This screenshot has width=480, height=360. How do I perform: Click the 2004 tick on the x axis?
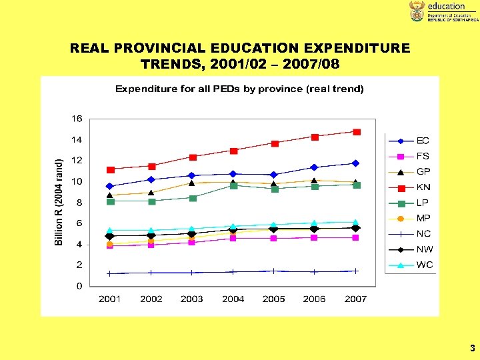click(x=233, y=299)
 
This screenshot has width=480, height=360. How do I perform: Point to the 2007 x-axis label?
click(x=355, y=299)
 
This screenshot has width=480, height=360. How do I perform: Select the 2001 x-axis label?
click(x=110, y=299)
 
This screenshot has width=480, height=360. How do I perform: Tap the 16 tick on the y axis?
click(x=77, y=119)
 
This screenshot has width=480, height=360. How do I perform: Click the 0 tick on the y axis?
click(x=79, y=286)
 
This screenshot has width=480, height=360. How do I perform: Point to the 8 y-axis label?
click(x=79, y=202)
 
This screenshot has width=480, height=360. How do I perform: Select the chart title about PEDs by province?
click(x=239, y=89)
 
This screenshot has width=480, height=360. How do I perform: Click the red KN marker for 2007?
click(x=357, y=132)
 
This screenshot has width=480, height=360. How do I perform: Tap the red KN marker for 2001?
click(x=111, y=169)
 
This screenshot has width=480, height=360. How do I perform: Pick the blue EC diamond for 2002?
click(x=151, y=179)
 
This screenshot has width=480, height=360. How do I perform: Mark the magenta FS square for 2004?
click(x=233, y=238)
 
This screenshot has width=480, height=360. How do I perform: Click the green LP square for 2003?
click(x=193, y=198)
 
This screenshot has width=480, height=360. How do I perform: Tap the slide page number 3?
click(x=472, y=348)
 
